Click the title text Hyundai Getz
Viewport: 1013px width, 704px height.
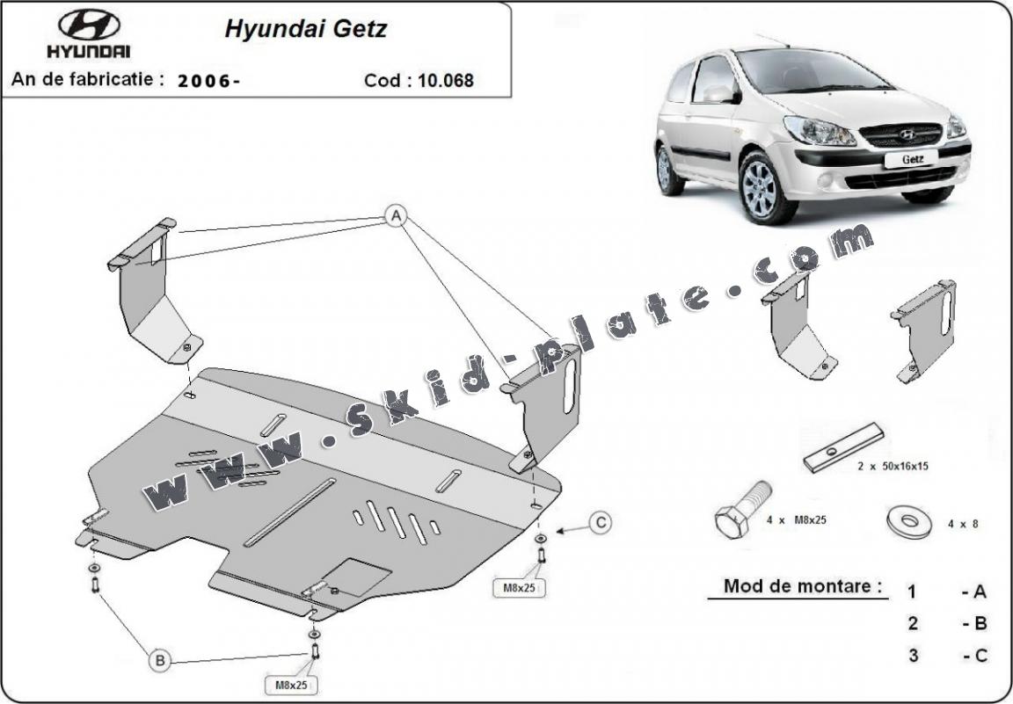pyautogui.click(x=305, y=29)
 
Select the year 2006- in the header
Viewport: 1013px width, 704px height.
pyautogui.click(x=209, y=81)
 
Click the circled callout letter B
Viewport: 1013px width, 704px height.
pyautogui.click(x=159, y=659)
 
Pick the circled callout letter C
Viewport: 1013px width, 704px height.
pyautogui.click(x=600, y=524)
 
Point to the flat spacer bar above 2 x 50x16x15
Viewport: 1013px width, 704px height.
pyautogui.click(x=843, y=446)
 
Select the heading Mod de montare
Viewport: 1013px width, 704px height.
pyautogui.click(x=802, y=586)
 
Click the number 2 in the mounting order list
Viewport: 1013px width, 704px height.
pyautogui.click(x=913, y=623)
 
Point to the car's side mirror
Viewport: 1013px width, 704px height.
pyautogui.click(x=718, y=94)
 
